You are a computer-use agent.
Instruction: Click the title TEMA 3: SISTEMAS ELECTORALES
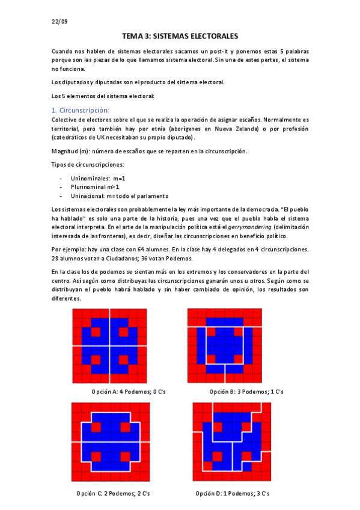[x=180, y=36]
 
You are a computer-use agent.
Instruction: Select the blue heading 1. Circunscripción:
[x=81, y=110]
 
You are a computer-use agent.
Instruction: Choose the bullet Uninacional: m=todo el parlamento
[x=120, y=196]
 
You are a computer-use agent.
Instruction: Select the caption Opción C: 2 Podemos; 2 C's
[x=112, y=493]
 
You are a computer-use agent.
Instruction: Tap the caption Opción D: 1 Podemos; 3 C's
[x=231, y=493]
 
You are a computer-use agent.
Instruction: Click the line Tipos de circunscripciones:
[x=88, y=165]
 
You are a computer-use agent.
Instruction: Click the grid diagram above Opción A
[x=109, y=345]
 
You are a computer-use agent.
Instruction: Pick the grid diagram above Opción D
[x=232, y=441]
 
